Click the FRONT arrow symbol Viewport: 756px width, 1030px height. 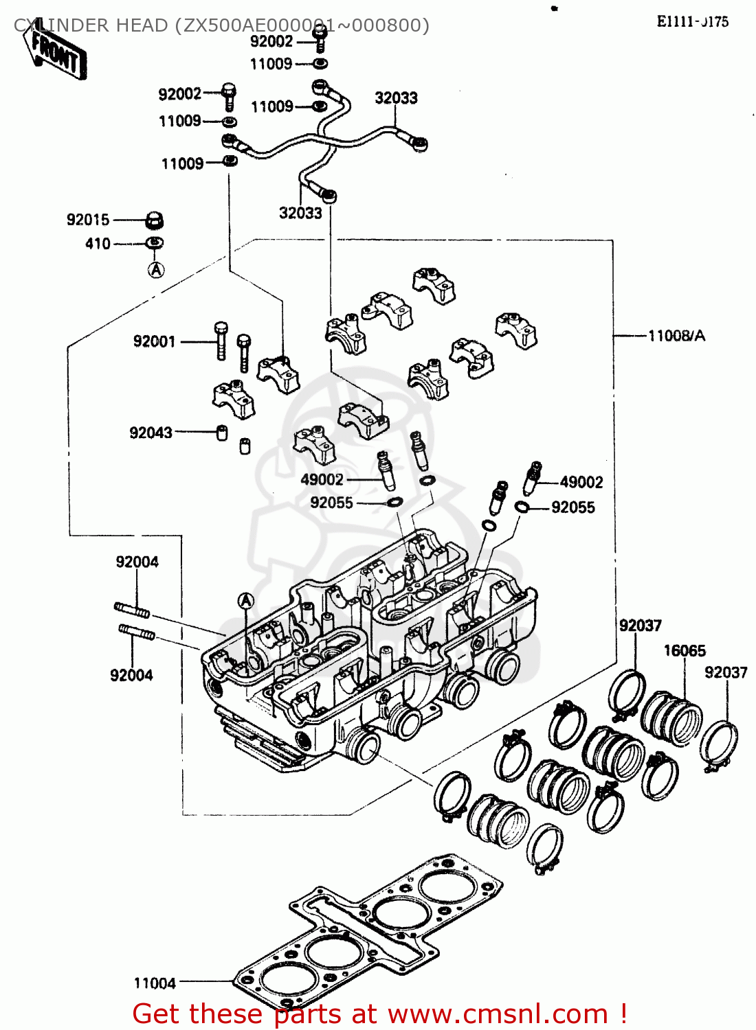(x=58, y=54)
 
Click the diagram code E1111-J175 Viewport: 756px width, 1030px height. (x=692, y=21)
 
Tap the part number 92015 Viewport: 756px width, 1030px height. (x=88, y=220)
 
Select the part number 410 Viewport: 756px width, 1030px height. (x=98, y=244)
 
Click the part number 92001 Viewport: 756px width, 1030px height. (x=154, y=341)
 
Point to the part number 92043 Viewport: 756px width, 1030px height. (x=151, y=433)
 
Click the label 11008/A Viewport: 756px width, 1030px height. (x=676, y=336)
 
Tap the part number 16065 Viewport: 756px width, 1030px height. (x=684, y=650)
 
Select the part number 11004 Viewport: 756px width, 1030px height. (x=155, y=983)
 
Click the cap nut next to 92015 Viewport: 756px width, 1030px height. (x=155, y=221)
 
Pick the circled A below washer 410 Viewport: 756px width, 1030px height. (x=156, y=270)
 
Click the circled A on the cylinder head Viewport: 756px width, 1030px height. (x=245, y=602)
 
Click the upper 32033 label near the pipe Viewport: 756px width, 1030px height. (x=396, y=98)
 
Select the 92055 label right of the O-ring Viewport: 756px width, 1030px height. (x=572, y=507)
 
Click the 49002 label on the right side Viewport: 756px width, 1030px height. (x=581, y=482)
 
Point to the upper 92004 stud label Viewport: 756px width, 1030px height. (x=137, y=562)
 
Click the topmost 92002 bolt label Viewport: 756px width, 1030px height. (x=271, y=41)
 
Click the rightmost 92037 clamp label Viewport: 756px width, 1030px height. (x=726, y=672)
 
